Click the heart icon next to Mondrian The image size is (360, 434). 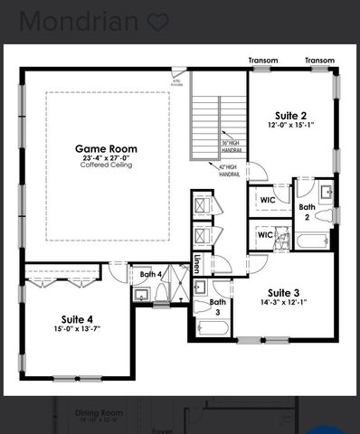pos(157,22)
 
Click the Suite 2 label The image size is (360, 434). pos(290,115)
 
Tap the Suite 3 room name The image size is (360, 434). pos(283,293)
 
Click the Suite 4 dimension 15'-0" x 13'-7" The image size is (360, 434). pos(77,329)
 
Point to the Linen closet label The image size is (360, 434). pos(196,264)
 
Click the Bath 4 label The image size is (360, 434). pos(151,273)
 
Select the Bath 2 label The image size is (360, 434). pos(308,212)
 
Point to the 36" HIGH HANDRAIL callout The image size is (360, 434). pos(231,146)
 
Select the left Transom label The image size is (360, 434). pos(263,61)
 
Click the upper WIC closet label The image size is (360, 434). pos(267,200)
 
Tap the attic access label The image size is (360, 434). pos(177,81)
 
